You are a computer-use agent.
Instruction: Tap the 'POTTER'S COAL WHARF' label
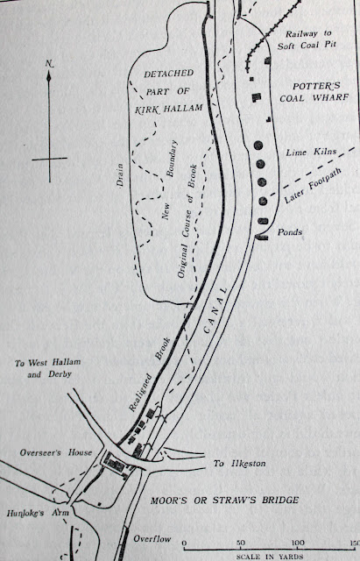tap(314, 92)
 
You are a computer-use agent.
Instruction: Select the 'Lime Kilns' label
tap(311, 152)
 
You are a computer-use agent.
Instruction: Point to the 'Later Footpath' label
tap(313, 186)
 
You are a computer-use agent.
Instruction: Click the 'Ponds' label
tap(290, 232)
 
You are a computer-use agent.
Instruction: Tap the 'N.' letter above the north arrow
tap(49, 64)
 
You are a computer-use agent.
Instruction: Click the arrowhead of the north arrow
tap(49, 75)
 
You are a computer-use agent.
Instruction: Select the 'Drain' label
tap(120, 175)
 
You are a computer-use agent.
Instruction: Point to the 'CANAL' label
tap(215, 309)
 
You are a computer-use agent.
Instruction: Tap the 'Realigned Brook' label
tap(150, 374)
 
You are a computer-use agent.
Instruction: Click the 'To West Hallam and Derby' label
tap(48, 368)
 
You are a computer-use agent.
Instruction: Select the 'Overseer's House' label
tap(56, 452)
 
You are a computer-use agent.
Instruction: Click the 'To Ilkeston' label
tap(239, 464)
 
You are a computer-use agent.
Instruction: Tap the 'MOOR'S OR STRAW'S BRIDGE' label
tap(224, 501)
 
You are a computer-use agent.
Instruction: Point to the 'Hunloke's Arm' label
tap(38, 513)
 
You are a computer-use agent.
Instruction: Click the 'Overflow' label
tap(152, 539)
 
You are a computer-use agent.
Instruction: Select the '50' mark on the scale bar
tap(241, 543)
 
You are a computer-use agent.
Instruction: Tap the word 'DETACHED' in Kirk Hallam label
tap(169, 74)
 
